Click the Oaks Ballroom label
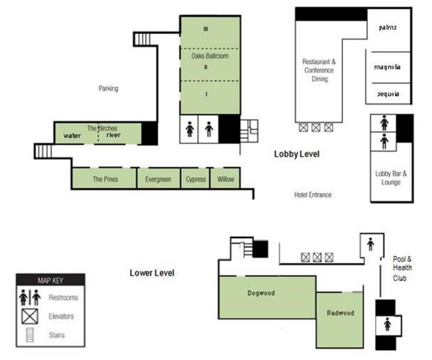(205, 56)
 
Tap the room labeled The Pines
(105, 179)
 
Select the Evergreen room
(158, 179)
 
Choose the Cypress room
(195, 179)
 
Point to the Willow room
(225, 179)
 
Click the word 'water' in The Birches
(73, 135)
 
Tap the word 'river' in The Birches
(113, 135)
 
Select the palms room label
(387, 28)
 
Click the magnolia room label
(387, 68)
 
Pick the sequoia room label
(387, 94)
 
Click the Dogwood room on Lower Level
(262, 293)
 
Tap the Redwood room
(340, 313)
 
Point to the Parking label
(108, 88)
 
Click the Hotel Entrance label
(312, 195)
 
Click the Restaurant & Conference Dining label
(319, 70)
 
